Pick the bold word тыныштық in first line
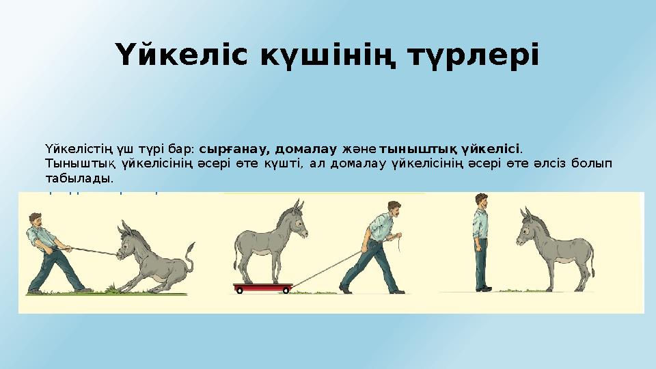coord(418,148)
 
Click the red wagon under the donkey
coord(264,286)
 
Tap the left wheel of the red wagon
coord(239,290)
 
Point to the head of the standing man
coord(482,200)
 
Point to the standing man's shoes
coord(484,289)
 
